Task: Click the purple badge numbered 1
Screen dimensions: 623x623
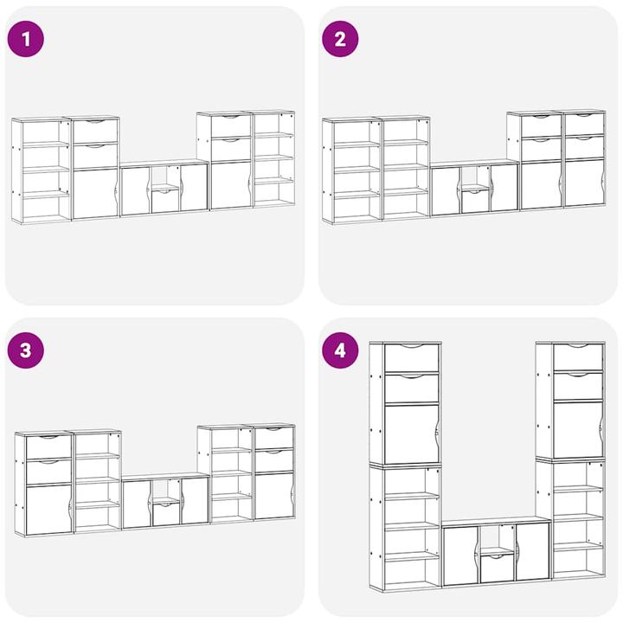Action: tap(26, 39)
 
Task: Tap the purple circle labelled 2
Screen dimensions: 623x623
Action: tap(340, 39)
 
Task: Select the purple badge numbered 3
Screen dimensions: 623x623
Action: tap(26, 350)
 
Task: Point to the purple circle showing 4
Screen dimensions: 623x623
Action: tap(340, 350)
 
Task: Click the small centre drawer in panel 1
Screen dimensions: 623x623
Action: tap(165, 201)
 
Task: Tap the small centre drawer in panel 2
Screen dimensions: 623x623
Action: tap(476, 202)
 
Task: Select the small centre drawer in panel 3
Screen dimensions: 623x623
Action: tap(166, 514)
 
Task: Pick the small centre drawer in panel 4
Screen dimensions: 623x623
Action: tap(498, 568)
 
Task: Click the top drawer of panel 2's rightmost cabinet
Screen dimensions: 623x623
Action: tap(584, 124)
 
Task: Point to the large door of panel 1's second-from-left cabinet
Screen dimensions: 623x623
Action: tap(96, 194)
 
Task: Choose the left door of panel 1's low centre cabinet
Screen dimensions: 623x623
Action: tap(136, 191)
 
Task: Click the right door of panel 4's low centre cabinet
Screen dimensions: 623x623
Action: tap(532, 551)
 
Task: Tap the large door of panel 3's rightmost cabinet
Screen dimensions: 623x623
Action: tap(274, 496)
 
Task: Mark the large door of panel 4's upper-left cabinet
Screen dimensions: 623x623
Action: tap(412, 434)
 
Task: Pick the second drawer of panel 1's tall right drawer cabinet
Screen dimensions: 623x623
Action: tap(231, 149)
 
